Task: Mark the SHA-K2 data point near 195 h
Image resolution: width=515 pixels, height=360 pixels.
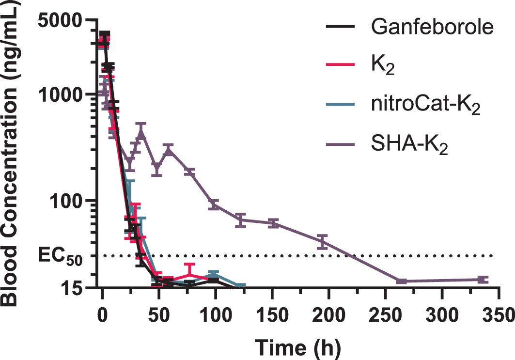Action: (x=322, y=241)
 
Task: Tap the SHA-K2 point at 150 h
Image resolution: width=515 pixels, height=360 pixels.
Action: (x=273, y=223)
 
